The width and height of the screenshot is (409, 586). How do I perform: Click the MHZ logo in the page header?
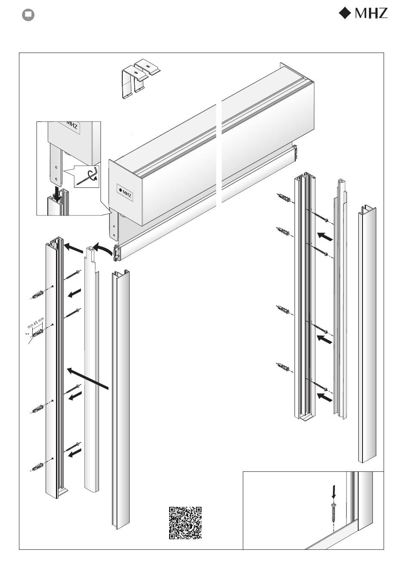point(363,13)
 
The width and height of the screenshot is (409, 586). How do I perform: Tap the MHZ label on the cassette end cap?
point(125,193)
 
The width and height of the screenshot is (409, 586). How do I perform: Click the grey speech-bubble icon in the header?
point(28,15)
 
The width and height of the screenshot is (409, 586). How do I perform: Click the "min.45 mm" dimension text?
point(36,323)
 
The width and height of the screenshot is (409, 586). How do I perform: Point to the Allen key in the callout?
point(87,177)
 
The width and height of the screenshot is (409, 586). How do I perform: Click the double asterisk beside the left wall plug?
point(27,334)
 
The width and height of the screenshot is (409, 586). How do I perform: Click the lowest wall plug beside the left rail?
point(37,467)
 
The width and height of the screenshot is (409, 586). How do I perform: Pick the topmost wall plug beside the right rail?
point(284,197)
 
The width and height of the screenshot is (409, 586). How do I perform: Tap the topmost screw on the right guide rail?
point(319,217)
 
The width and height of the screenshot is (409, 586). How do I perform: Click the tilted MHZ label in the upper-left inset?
point(70,125)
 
